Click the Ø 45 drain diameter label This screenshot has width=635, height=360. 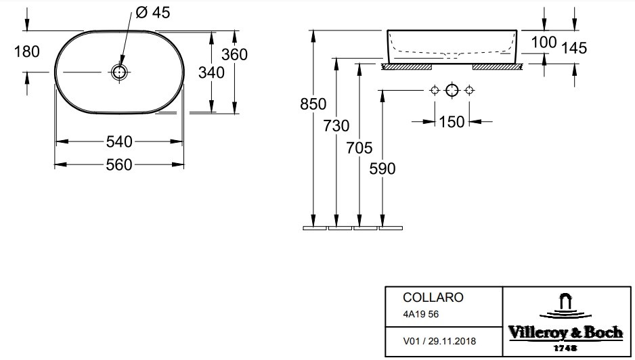pyautogui.click(x=153, y=13)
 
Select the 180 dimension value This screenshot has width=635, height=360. pyautogui.click(x=26, y=52)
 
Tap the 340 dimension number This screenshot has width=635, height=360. pyautogui.click(x=211, y=73)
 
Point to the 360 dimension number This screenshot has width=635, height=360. pyautogui.click(x=234, y=54)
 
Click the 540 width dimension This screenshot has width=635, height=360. pyautogui.click(x=119, y=141)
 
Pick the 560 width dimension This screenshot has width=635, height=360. pyautogui.click(x=119, y=165)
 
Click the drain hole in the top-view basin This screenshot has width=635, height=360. pyautogui.click(x=119, y=72)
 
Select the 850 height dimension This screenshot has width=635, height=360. pyautogui.click(x=313, y=104)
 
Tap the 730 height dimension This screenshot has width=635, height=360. pyautogui.click(x=336, y=126)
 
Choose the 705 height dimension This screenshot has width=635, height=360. pyautogui.click(x=359, y=148)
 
